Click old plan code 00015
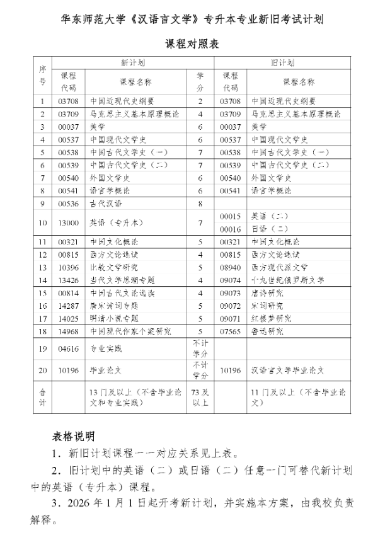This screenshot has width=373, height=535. click(x=230, y=216)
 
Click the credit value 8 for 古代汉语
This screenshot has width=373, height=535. click(x=200, y=204)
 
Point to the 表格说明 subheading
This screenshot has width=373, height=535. click(x=74, y=435)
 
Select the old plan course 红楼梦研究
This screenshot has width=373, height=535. click(x=272, y=318)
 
